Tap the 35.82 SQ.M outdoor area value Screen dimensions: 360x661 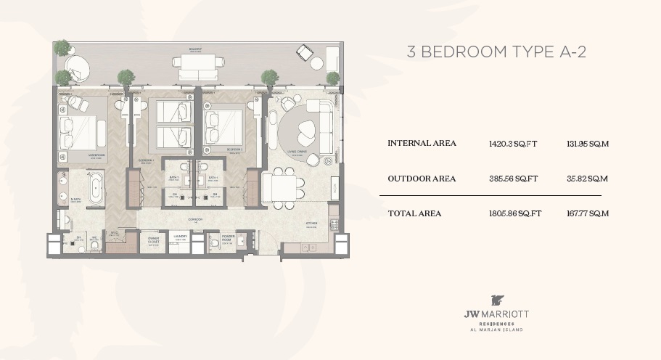pyautogui.click(x=587, y=179)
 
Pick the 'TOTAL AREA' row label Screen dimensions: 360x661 pyautogui.click(x=414, y=213)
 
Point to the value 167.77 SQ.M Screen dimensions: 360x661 pyautogui.click(x=587, y=213)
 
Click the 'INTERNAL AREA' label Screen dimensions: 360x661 pyautogui.click(x=422, y=144)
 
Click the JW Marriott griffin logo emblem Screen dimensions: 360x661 pyautogui.click(x=496, y=300)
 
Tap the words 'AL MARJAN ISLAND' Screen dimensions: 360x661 pyautogui.click(x=496, y=330)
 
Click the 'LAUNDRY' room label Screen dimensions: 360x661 pyautogui.click(x=179, y=237)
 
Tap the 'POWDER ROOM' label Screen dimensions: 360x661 pyautogui.click(x=227, y=237)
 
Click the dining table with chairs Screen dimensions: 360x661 pyautogui.click(x=279, y=187)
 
